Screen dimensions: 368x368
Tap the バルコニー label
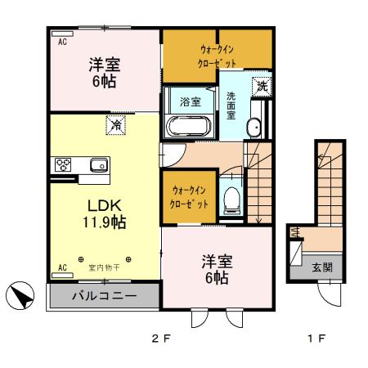click(103, 294)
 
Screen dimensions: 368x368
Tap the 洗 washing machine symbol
click(261, 85)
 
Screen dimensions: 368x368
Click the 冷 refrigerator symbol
click(115, 126)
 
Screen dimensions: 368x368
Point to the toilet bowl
click(232, 197)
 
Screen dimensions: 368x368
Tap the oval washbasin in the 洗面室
click(254, 127)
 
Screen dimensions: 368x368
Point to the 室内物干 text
click(104, 267)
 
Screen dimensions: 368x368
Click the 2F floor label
click(159, 338)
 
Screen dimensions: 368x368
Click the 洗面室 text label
click(231, 104)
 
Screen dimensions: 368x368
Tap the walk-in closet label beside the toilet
click(189, 196)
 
